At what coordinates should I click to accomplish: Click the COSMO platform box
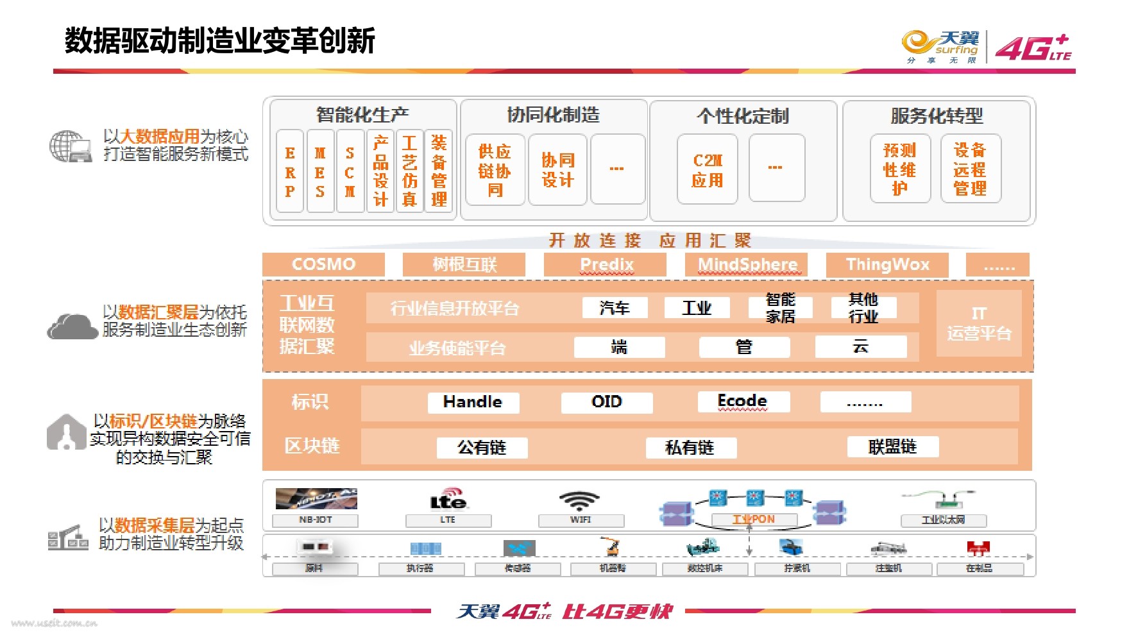(x=323, y=264)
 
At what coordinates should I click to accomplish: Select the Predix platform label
(x=606, y=264)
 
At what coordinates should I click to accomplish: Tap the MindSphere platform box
(x=747, y=264)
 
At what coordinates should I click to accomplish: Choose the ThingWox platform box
(x=887, y=264)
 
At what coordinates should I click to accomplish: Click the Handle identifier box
(x=473, y=402)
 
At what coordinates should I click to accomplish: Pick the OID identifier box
(x=606, y=402)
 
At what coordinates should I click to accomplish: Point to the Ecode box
(x=743, y=402)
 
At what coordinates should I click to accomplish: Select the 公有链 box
(x=482, y=447)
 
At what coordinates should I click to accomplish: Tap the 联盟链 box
(x=892, y=446)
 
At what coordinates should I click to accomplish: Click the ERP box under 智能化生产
(x=290, y=171)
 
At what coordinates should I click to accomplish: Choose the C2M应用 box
(x=707, y=169)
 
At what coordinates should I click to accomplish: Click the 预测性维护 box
(x=899, y=169)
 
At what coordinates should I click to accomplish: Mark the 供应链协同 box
(x=495, y=170)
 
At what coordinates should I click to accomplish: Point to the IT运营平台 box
(x=978, y=323)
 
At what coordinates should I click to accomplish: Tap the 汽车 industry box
(x=615, y=308)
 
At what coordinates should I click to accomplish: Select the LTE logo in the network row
(x=448, y=499)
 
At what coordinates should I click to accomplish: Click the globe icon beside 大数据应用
(x=69, y=146)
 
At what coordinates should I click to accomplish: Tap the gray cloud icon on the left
(x=72, y=326)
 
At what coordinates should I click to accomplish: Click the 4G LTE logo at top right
(x=1033, y=47)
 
